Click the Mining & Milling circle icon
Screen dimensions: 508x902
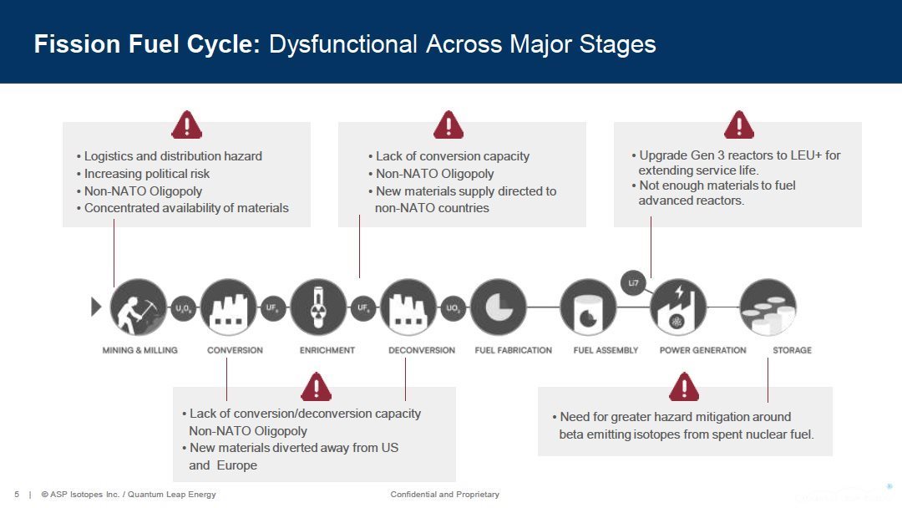(138, 307)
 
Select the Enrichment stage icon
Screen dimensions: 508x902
(318, 307)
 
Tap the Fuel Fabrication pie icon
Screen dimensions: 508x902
(499, 307)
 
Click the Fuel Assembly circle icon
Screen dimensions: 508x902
(588, 307)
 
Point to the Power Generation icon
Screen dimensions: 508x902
(678, 307)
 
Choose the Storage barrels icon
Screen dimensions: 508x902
(768, 307)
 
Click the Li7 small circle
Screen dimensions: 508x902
(634, 283)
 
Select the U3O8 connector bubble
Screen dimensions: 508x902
(184, 307)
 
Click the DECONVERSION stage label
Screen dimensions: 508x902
(422, 350)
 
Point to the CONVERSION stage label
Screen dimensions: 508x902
(235, 350)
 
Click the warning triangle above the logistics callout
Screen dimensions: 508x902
(186, 125)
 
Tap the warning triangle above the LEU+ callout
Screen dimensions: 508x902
(738, 125)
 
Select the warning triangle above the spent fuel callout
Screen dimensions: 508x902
(684, 387)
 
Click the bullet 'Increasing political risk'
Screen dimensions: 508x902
(147, 174)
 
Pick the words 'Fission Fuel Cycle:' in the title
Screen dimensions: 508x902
(147, 44)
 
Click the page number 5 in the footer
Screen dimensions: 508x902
(17, 495)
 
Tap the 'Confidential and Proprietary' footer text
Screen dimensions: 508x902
(444, 495)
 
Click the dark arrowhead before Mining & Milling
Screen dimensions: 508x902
(96, 307)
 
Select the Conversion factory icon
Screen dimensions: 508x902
(228, 307)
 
